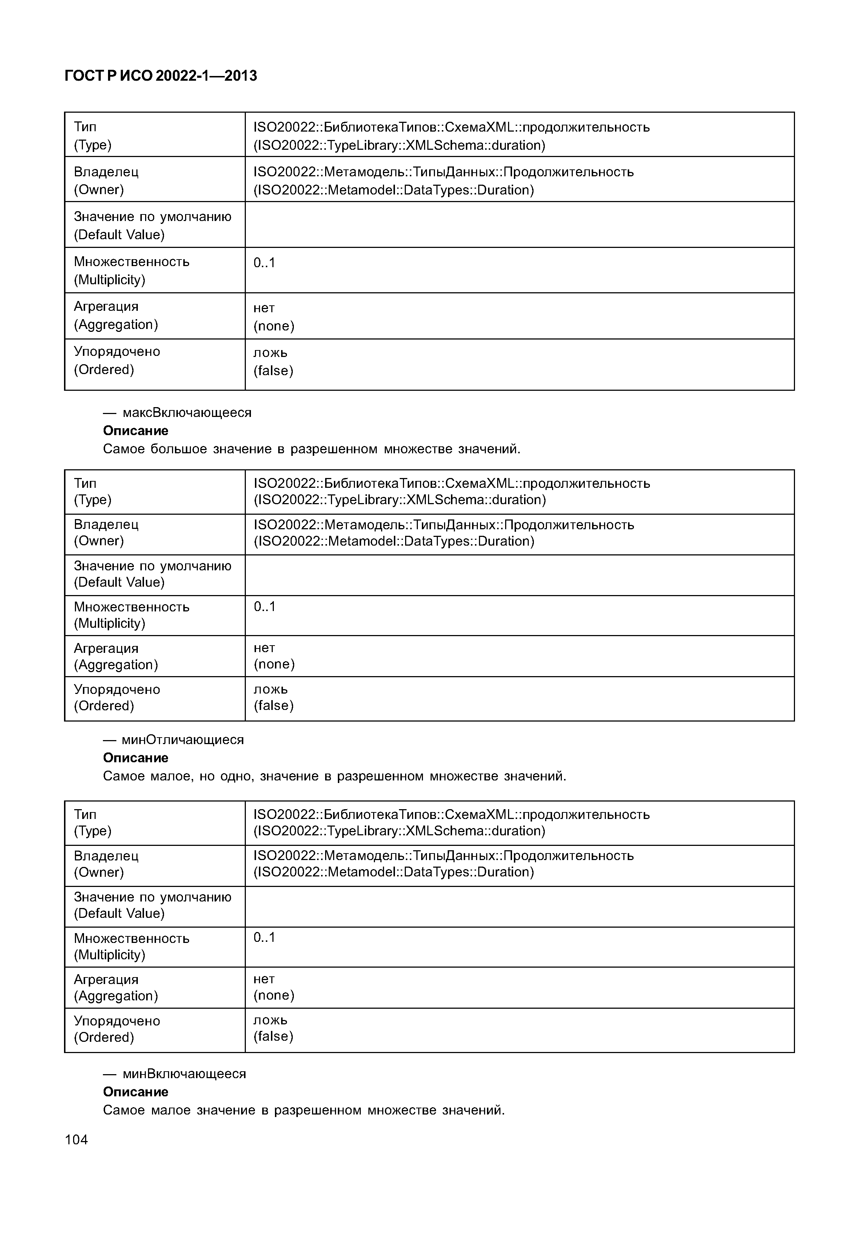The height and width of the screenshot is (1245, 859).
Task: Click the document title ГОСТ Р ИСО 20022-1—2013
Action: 160,76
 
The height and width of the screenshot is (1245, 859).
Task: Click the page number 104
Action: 76,1139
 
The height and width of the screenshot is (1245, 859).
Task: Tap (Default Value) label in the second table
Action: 119,582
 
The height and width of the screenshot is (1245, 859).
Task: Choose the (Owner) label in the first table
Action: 99,190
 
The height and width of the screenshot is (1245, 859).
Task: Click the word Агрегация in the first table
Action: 106,307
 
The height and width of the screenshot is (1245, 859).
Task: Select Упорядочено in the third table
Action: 117,1021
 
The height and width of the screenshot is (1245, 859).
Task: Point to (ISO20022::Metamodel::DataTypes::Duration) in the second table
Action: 394,541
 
